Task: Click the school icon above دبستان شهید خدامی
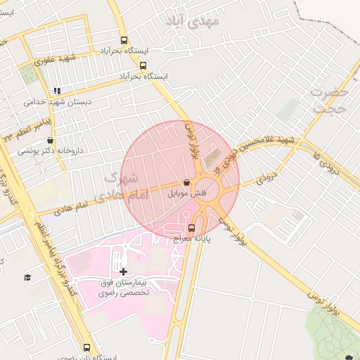pyautogui.click(x=57, y=91)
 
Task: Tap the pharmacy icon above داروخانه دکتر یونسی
pyautogui.click(x=50, y=140)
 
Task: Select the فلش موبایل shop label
pyautogui.click(x=185, y=192)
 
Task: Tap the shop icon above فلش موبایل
pyautogui.click(x=186, y=182)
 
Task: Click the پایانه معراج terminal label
pyautogui.click(x=193, y=238)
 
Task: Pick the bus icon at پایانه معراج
pyautogui.click(x=192, y=228)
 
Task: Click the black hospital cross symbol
pyautogui.click(x=124, y=271)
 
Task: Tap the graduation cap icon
pyautogui.click(x=27, y=278)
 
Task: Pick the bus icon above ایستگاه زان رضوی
pyautogui.click(x=87, y=347)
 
